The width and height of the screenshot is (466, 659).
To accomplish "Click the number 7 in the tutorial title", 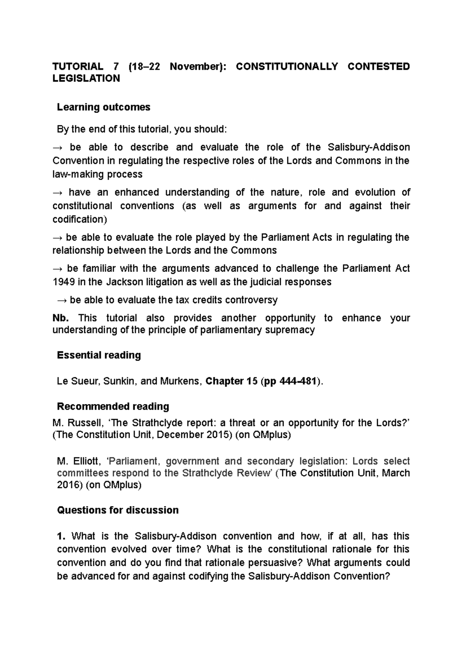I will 116,66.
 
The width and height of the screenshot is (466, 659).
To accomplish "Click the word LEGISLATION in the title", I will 86,78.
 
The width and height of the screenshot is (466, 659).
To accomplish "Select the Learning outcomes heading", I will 103,107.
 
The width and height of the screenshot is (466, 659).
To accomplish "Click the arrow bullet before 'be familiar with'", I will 57,269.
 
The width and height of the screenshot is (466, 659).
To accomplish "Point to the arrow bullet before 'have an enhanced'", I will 57,192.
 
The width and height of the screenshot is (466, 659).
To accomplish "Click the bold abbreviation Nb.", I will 61,318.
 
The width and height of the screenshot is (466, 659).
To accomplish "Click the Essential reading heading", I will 99,355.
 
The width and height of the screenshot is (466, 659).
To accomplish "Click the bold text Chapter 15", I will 231,381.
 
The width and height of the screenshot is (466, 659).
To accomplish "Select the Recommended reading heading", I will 113,406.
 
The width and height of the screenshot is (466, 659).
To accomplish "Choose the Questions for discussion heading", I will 118,510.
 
